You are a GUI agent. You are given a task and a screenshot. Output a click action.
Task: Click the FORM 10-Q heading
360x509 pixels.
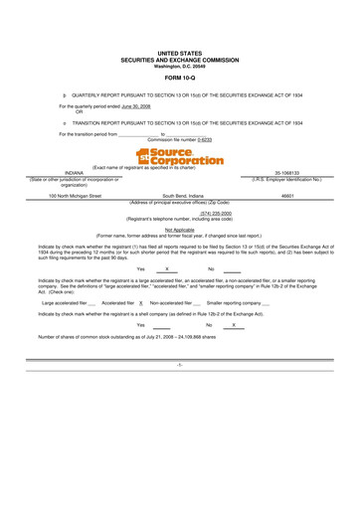pos(179,76)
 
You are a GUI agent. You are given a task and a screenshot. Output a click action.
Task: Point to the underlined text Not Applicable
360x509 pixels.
pos(179,228)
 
